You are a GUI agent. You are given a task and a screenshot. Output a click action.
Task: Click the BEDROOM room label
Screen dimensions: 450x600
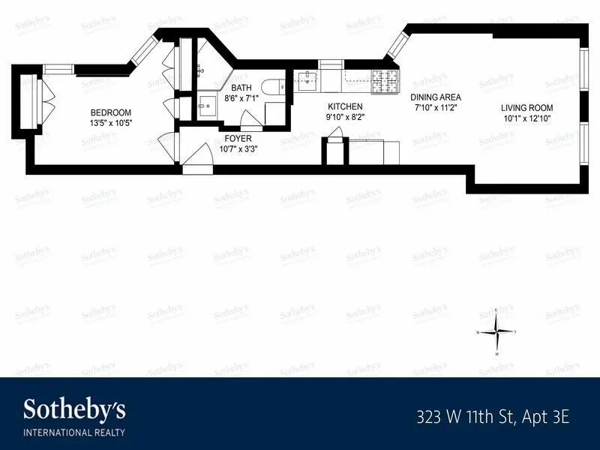coord(110,112)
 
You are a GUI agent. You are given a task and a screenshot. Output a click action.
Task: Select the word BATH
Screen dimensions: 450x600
coord(241,88)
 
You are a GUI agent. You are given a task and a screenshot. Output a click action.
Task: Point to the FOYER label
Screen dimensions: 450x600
coord(238,138)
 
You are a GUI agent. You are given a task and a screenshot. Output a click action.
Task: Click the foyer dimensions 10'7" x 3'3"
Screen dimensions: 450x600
coord(238,148)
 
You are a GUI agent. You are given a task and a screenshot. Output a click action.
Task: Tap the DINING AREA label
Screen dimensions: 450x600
coord(435,97)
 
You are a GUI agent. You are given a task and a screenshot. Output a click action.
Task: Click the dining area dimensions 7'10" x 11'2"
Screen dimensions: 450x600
coord(435,107)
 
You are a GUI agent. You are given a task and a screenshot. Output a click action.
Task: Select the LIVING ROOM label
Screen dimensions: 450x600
coord(527,107)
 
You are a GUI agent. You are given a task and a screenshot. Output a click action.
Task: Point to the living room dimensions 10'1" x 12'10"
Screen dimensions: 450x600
coord(527,118)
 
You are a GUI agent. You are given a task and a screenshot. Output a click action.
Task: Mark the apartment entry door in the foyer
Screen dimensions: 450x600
coord(196,159)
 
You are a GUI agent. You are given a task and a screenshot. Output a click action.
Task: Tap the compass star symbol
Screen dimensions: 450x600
coord(496,331)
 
